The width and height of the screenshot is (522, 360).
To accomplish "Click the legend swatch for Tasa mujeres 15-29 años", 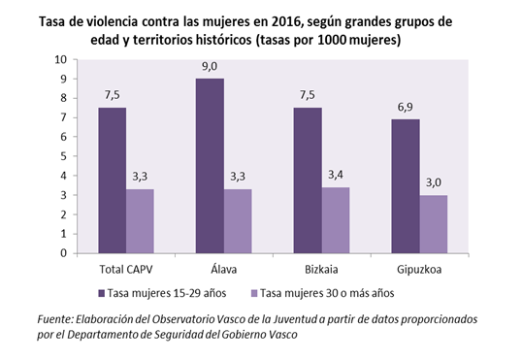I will (x=102, y=291).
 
